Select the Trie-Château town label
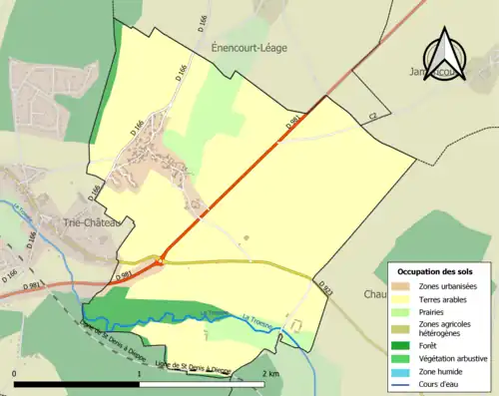coord(91,222)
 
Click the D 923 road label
coord(326,288)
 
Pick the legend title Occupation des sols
coord(436,271)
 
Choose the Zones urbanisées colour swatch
coord(404,286)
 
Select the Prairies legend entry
coord(436,311)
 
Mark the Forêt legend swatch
coord(404,346)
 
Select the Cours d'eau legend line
coord(404,382)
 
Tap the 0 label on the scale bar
coord(15,373)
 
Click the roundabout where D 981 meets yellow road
coord(158,261)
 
